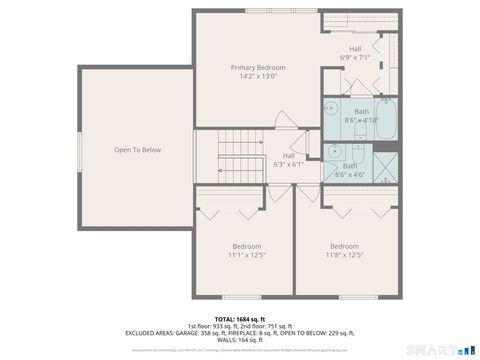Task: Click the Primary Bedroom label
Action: pos(259,68)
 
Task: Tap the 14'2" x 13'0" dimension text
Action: pos(259,77)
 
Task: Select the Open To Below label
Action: pos(137,150)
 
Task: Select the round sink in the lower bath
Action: pos(333,153)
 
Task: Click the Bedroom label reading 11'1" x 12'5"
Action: pos(247,250)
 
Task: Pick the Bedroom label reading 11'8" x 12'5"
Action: pos(345,250)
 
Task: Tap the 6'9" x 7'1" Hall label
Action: pos(355,53)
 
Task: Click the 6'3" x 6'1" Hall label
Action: pos(288,160)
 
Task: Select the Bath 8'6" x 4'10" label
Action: pos(361,116)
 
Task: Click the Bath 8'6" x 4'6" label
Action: pos(351,170)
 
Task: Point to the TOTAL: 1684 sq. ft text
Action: pos(239,318)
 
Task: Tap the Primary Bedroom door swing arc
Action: pos(285,119)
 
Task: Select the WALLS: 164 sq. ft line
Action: pos(239,340)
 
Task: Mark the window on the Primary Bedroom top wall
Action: pos(270,11)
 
